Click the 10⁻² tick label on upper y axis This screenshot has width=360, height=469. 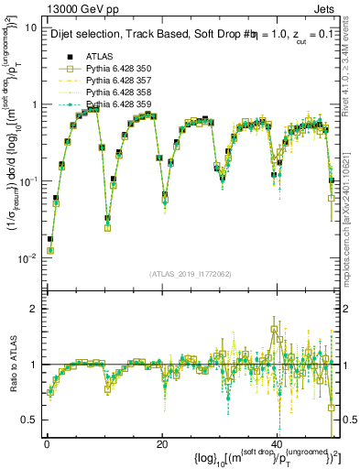(x=29, y=258)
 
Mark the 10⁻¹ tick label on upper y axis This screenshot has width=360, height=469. (x=29, y=181)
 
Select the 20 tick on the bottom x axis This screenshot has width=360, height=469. (x=161, y=444)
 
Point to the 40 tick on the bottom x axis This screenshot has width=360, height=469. (x=276, y=444)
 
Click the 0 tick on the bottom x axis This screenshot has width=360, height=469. (x=47, y=444)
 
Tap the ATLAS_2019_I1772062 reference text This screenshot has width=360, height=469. (x=190, y=274)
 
